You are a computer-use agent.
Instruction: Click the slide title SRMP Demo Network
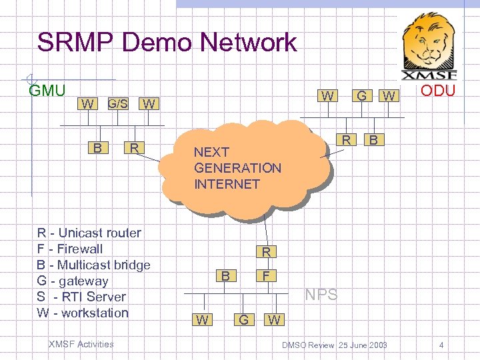point(167,43)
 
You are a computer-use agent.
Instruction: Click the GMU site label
point(47,91)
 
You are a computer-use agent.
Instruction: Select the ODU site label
point(437,90)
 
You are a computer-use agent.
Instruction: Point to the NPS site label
point(321,295)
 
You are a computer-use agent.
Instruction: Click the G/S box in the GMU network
point(118,103)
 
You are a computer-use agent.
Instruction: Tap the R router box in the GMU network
point(134,147)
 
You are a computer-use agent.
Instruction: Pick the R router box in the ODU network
point(346,139)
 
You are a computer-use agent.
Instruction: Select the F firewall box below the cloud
point(266,274)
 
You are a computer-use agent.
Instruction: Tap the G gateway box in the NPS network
point(244,320)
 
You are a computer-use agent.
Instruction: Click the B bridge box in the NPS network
point(227,275)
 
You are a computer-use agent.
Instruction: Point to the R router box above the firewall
point(266,252)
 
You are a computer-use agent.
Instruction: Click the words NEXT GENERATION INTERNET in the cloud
point(237,168)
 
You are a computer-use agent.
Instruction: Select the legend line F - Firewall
point(70,249)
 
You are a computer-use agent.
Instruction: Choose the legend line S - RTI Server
point(81,297)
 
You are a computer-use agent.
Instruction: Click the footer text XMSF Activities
point(81,344)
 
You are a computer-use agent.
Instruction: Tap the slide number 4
point(441,345)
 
